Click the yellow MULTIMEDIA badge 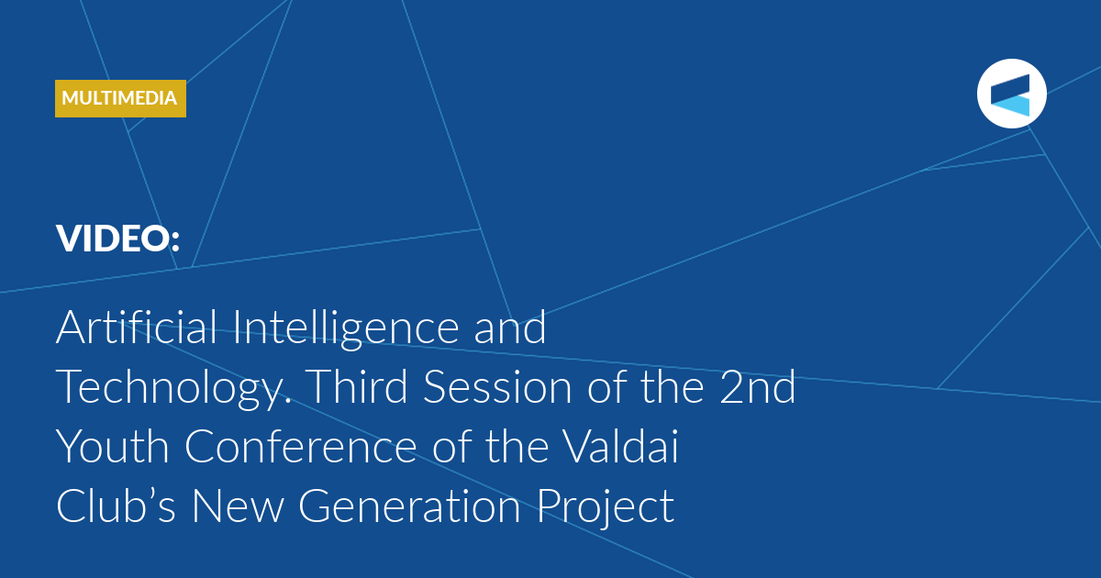(120, 98)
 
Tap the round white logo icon (1011, 94)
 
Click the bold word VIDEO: (118, 239)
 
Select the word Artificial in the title (136, 327)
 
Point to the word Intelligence (346, 328)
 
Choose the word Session (497, 386)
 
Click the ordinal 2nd (758, 386)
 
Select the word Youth (113, 446)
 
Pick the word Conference (301, 446)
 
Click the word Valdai (620, 446)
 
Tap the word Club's (116, 506)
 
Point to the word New (238, 506)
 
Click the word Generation (409, 506)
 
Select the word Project (605, 508)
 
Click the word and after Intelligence (510, 327)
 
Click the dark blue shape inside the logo (1009, 89)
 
